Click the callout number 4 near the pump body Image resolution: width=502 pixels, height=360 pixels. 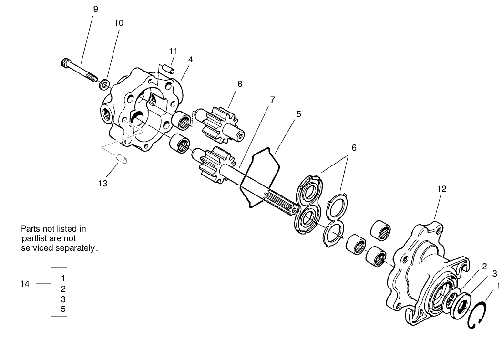tap(190, 60)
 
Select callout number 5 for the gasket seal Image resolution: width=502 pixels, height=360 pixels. tap(298, 114)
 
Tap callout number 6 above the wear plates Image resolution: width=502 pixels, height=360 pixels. tap(354, 148)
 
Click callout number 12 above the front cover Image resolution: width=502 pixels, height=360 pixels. tap(441, 189)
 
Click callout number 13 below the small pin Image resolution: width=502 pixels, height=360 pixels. tap(103, 183)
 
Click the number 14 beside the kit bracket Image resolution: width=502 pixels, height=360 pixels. tap(25, 284)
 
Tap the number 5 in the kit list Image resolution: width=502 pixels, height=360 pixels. tap(63, 309)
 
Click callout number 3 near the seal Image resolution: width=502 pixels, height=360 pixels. tap(494, 273)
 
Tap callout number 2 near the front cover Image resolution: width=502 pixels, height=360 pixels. tap(484, 266)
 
